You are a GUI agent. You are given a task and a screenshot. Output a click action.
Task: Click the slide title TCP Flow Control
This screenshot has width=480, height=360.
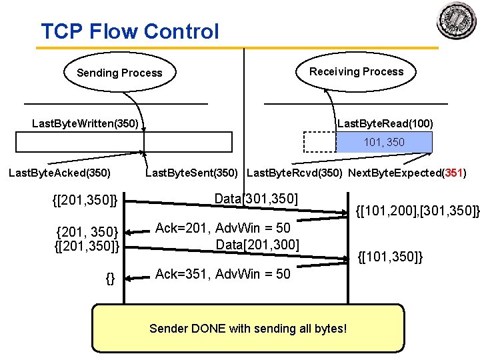[129, 31]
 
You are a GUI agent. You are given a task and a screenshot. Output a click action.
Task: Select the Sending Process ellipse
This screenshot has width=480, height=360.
[119, 73]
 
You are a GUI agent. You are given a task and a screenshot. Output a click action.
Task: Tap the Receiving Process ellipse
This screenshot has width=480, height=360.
[356, 71]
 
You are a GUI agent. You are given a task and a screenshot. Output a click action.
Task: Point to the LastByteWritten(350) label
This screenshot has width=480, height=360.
[85, 123]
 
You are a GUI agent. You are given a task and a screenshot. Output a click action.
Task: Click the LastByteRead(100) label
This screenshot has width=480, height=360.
[385, 123]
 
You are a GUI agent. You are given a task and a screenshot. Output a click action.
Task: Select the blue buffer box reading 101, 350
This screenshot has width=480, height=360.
[384, 143]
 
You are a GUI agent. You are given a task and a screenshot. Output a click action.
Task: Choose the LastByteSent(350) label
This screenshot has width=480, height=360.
[193, 173]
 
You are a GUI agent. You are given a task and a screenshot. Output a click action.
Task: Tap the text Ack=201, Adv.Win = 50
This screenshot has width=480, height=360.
[223, 229]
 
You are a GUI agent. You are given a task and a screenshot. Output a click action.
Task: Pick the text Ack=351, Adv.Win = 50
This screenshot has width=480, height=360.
[223, 274]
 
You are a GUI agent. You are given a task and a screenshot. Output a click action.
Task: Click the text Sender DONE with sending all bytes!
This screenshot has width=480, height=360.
[248, 328]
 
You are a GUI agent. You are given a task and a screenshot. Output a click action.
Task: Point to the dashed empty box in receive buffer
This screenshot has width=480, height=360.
[320, 143]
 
